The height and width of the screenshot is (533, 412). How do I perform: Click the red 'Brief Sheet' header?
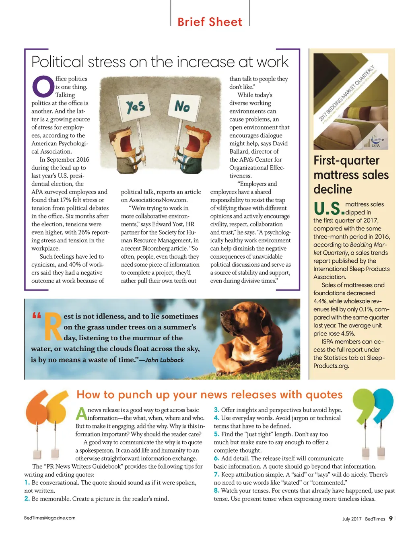pos(210,22)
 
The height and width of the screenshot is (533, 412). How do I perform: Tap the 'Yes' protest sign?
pos(135,107)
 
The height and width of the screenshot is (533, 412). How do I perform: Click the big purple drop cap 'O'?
pos(43,86)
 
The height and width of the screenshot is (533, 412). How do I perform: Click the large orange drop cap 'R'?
pos(53,326)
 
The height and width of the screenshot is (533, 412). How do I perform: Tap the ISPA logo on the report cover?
pos(375,141)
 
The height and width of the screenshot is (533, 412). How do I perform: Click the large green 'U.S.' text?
pos(328,209)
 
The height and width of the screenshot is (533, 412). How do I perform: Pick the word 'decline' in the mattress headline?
pos(333,189)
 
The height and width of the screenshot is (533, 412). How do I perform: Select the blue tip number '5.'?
pos(216,434)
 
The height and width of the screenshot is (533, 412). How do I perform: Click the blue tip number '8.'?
pos(216,490)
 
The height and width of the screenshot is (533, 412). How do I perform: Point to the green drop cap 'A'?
pos(81,414)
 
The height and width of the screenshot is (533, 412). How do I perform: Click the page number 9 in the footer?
pos(390,519)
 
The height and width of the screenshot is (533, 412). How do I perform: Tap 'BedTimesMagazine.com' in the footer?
pos(49,518)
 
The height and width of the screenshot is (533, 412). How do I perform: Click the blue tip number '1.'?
pos(27,482)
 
